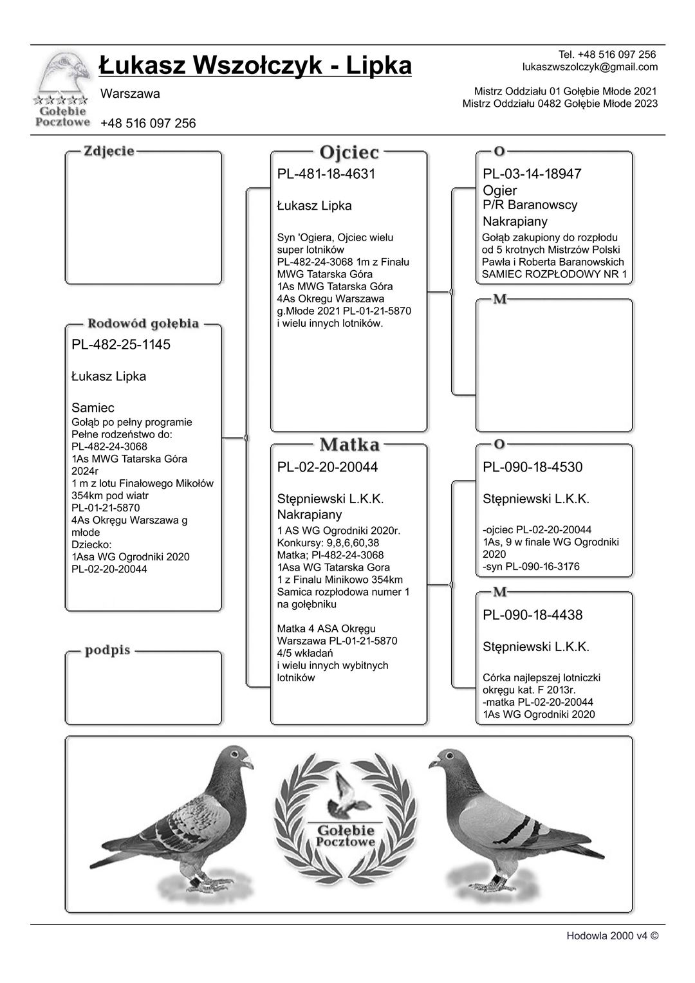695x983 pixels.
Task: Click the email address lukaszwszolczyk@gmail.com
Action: point(590,67)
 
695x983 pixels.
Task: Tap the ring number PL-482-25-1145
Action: point(121,345)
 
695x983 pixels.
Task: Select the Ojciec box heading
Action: point(349,153)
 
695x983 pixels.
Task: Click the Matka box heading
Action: point(349,445)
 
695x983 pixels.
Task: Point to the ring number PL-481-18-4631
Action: point(326,174)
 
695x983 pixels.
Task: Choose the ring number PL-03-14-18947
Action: point(532,174)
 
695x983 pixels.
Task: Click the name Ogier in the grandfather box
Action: point(500,190)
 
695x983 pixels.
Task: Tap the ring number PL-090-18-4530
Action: point(533,468)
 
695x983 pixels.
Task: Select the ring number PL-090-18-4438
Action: point(533,615)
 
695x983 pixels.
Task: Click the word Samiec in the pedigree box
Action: point(93,408)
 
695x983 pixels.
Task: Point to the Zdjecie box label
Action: point(109,151)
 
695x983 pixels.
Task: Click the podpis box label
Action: point(107,650)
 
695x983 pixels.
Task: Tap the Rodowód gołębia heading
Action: point(144,324)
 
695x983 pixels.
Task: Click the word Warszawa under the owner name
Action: point(130,94)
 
